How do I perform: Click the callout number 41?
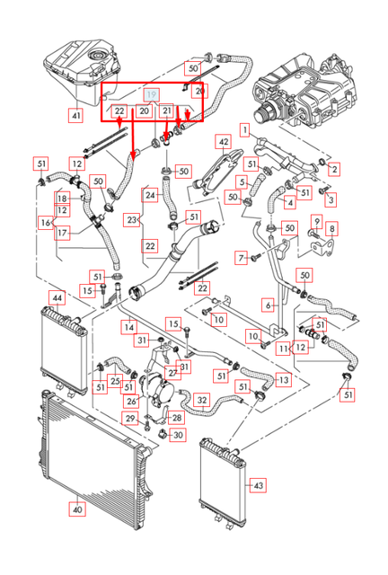[75, 115]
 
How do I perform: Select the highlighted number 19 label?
[152, 93]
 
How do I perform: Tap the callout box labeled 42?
[224, 142]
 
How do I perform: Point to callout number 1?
[243, 131]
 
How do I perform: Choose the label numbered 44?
[57, 296]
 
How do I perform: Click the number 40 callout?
[76, 509]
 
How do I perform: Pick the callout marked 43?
[259, 485]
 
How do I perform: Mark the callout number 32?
[202, 400]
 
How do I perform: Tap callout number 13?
[283, 381]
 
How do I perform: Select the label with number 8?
[331, 230]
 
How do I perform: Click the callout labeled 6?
[268, 305]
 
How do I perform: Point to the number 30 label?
[177, 435]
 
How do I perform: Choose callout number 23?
[132, 218]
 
